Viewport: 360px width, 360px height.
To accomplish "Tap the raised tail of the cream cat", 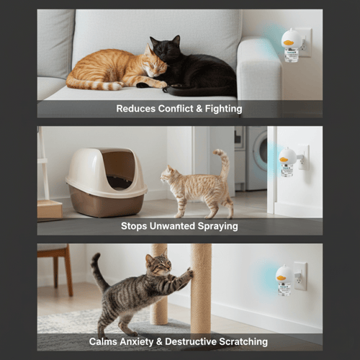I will tap(222, 163).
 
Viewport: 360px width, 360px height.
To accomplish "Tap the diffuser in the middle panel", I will tap(287, 161).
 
